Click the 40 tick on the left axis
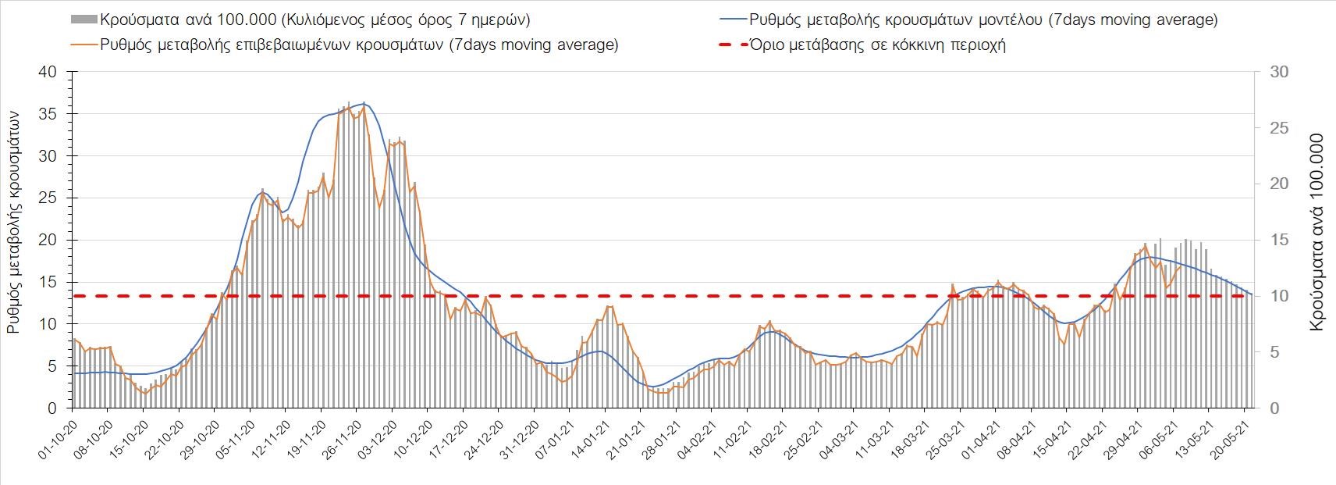pyautogui.click(x=48, y=72)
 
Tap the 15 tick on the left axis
pyautogui.click(x=48, y=282)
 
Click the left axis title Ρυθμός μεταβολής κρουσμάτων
pyautogui.click(x=13, y=222)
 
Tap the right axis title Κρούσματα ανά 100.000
pyautogui.click(x=1317, y=233)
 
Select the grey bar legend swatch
pyautogui.click(x=83, y=20)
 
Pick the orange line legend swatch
pyautogui.click(x=83, y=45)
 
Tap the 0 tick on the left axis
pyautogui.click(x=52, y=408)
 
